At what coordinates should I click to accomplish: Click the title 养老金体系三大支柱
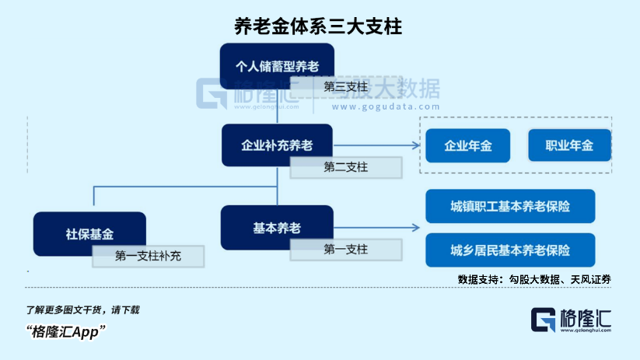(318, 26)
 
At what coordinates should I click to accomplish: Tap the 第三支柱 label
(346, 87)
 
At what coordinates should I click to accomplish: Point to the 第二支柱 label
(346, 167)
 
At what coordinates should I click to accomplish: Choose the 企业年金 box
(468, 145)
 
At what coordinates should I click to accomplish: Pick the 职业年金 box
(569, 145)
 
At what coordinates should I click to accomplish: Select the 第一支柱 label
(346, 250)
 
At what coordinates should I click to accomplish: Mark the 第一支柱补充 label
(149, 256)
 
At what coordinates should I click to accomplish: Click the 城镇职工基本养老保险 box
(510, 206)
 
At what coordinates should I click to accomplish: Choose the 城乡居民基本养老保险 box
(510, 250)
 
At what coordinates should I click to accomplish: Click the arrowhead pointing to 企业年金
(416, 145)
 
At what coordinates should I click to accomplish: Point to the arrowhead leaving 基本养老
(416, 228)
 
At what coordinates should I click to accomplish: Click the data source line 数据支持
(534, 280)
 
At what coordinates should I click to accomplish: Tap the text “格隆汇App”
(66, 331)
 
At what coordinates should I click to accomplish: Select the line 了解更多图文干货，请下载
(82, 310)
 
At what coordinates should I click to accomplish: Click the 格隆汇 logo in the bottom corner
(571, 320)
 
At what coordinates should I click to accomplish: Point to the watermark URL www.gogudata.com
(386, 107)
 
